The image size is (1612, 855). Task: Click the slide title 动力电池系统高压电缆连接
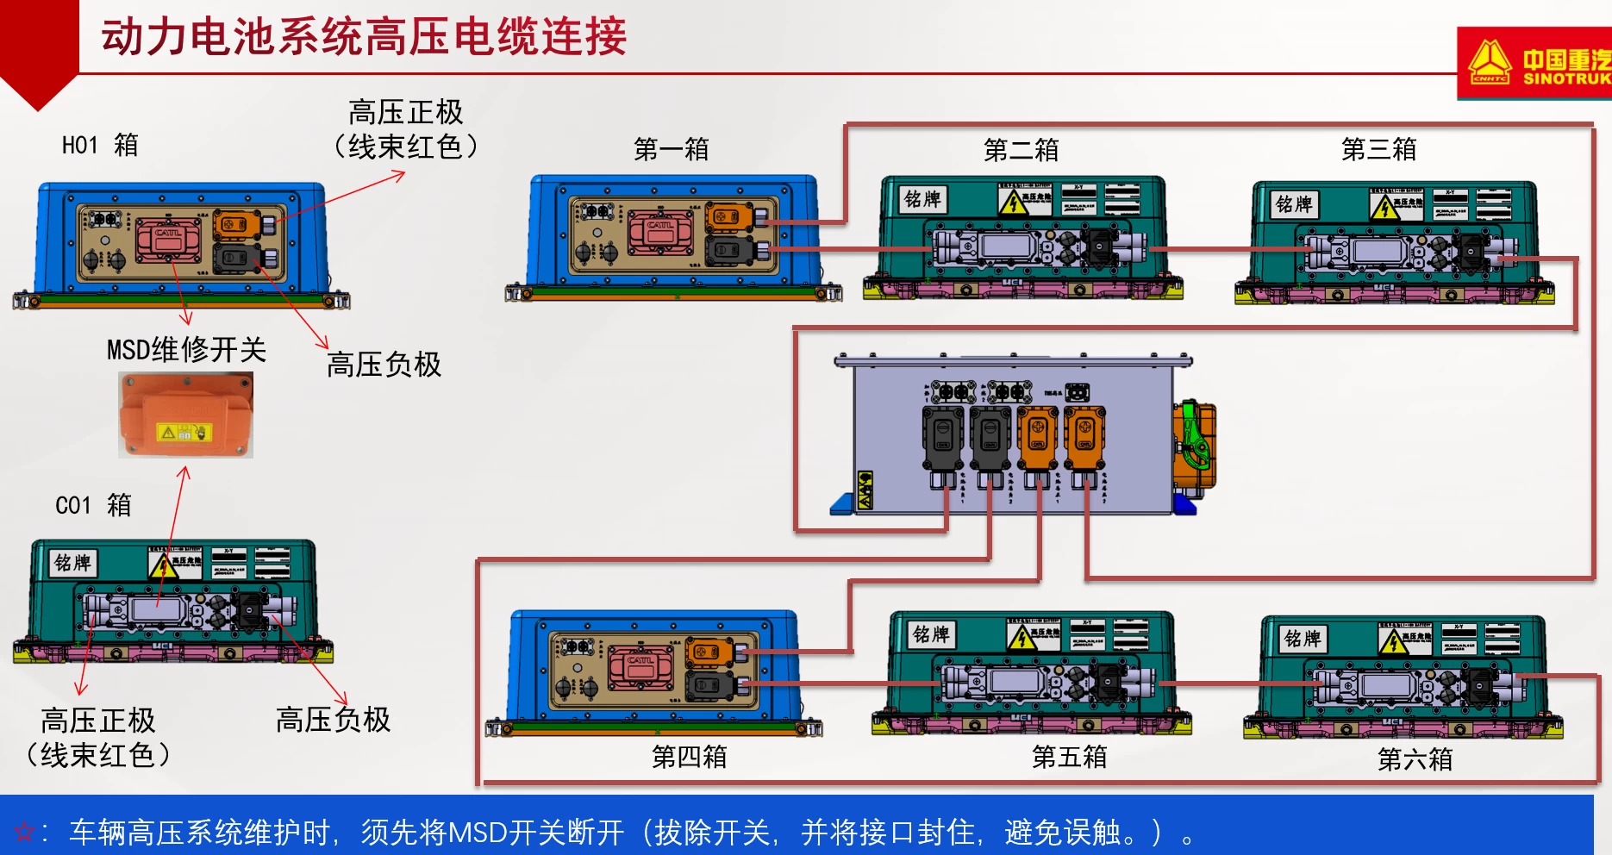click(x=364, y=37)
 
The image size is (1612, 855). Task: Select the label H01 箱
click(x=100, y=145)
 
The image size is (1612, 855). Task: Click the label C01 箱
click(x=93, y=504)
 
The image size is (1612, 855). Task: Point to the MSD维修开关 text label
click(x=186, y=350)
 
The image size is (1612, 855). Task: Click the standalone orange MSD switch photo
click(x=185, y=415)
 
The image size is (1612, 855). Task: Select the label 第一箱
click(x=671, y=149)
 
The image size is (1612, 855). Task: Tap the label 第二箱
click(x=1021, y=150)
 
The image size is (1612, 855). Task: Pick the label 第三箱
click(x=1378, y=149)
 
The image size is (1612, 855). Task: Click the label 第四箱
click(x=689, y=757)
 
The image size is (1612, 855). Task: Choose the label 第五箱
click(x=1069, y=757)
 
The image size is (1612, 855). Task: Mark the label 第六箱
click(x=1415, y=759)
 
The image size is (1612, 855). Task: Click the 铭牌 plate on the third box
click(x=1293, y=204)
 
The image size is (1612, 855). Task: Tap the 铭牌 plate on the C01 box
click(x=72, y=563)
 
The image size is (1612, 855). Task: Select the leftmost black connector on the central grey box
click(x=943, y=440)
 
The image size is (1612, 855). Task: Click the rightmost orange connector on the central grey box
click(x=1085, y=440)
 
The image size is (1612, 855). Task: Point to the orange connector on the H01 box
click(x=238, y=225)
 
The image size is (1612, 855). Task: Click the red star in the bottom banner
click(x=24, y=833)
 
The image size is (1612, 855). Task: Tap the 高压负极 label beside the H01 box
click(x=384, y=365)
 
